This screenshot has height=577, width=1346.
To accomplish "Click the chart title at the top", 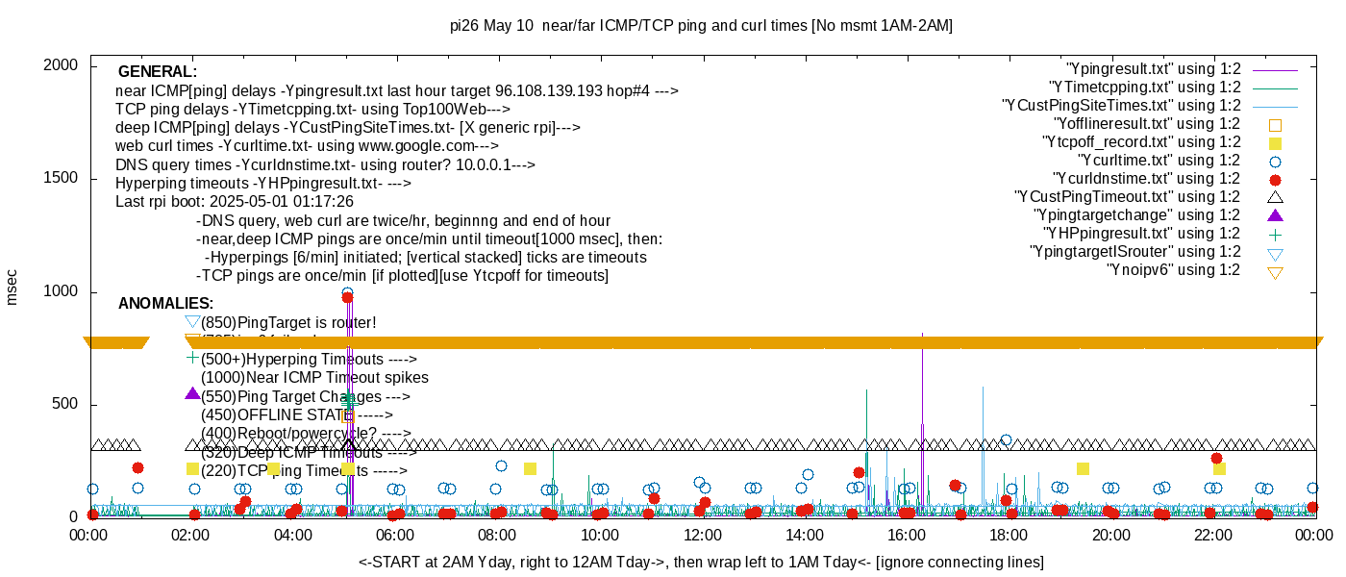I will pyautogui.click(x=701, y=26).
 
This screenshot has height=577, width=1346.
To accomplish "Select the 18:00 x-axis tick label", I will pyautogui.click(x=1008, y=535).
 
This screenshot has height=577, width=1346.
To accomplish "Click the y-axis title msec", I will pyautogui.click(x=12, y=287).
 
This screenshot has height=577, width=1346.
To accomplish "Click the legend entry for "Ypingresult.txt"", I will pyautogui.click(x=1153, y=69).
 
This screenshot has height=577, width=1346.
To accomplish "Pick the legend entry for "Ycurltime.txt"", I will pyautogui.click(x=1159, y=161).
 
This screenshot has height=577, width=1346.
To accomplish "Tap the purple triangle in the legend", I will pyautogui.click(x=1275, y=215).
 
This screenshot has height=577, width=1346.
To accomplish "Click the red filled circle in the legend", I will pyautogui.click(x=1275, y=179).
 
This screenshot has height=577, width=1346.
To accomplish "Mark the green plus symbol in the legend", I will pyautogui.click(x=1275, y=234).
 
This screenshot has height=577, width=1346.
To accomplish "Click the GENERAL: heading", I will pyautogui.click(x=158, y=72).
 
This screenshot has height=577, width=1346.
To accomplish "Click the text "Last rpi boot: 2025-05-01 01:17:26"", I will pyautogui.click(x=235, y=202).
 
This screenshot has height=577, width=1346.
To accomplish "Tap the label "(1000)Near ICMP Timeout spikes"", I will pyautogui.click(x=314, y=378).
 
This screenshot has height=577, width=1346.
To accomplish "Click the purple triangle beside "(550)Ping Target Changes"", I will pyautogui.click(x=192, y=394).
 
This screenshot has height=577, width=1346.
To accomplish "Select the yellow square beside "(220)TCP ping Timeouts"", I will pyautogui.click(x=192, y=468).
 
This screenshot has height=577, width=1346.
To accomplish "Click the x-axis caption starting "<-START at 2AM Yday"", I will pyautogui.click(x=701, y=562).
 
